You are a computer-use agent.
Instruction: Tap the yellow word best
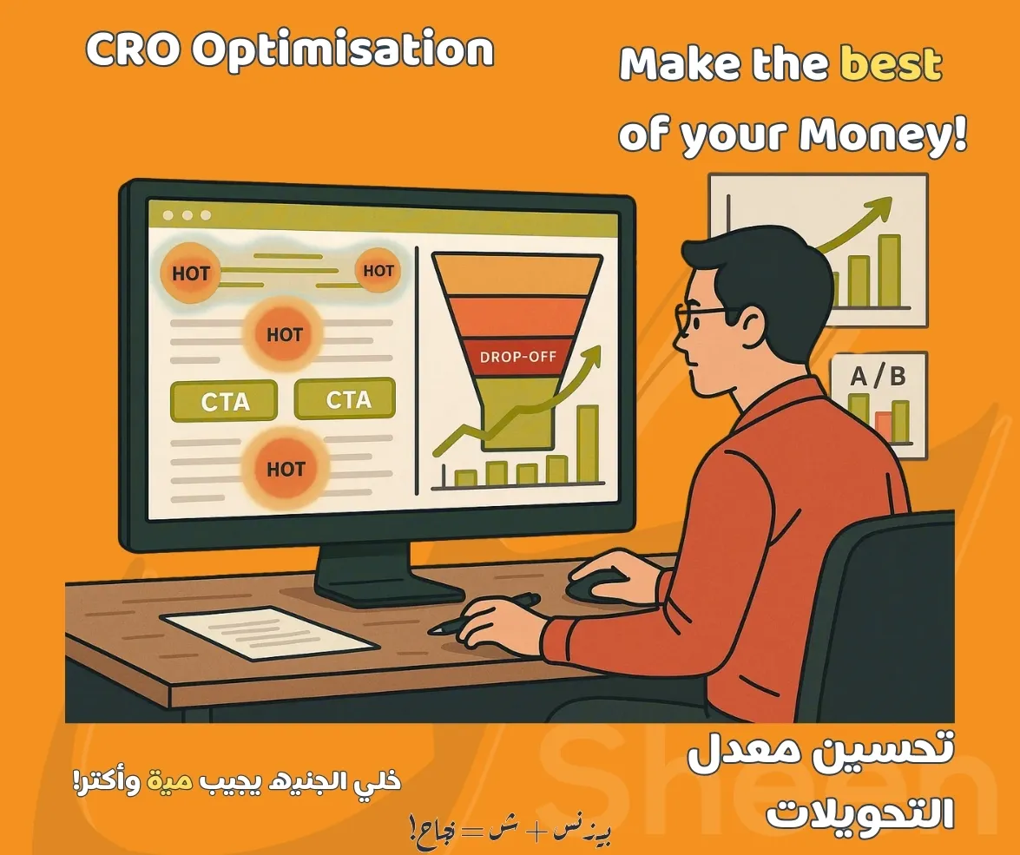[891, 65]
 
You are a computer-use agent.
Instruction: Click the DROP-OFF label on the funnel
[517, 357]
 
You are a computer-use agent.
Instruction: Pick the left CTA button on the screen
[224, 402]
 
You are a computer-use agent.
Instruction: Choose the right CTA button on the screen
[345, 399]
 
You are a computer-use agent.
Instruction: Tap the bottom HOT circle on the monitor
[285, 470]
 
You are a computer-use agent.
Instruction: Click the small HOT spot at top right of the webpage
[378, 271]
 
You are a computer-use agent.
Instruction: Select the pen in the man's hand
[486, 612]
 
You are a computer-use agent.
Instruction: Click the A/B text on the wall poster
[877, 377]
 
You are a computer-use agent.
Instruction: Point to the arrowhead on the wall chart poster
[880, 209]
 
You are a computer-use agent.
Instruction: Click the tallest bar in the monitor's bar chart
[588, 444]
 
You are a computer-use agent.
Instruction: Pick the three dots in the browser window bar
[186, 215]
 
